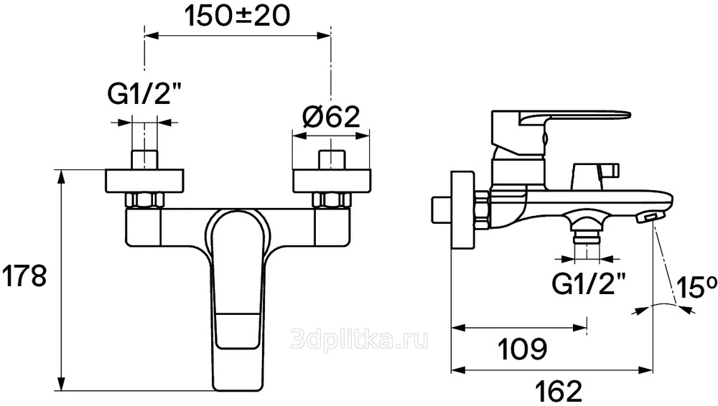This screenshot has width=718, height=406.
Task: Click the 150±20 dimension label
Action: [237, 17]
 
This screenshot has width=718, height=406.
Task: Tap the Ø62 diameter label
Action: [331, 117]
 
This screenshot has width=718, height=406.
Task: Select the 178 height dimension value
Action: [24, 276]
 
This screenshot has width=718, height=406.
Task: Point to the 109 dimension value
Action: [522, 350]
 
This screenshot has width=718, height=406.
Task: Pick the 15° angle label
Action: [696, 288]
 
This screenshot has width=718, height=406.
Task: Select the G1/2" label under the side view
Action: [589, 284]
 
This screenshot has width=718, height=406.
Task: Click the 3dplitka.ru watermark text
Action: [360, 339]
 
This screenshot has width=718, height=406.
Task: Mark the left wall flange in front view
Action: [145, 181]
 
